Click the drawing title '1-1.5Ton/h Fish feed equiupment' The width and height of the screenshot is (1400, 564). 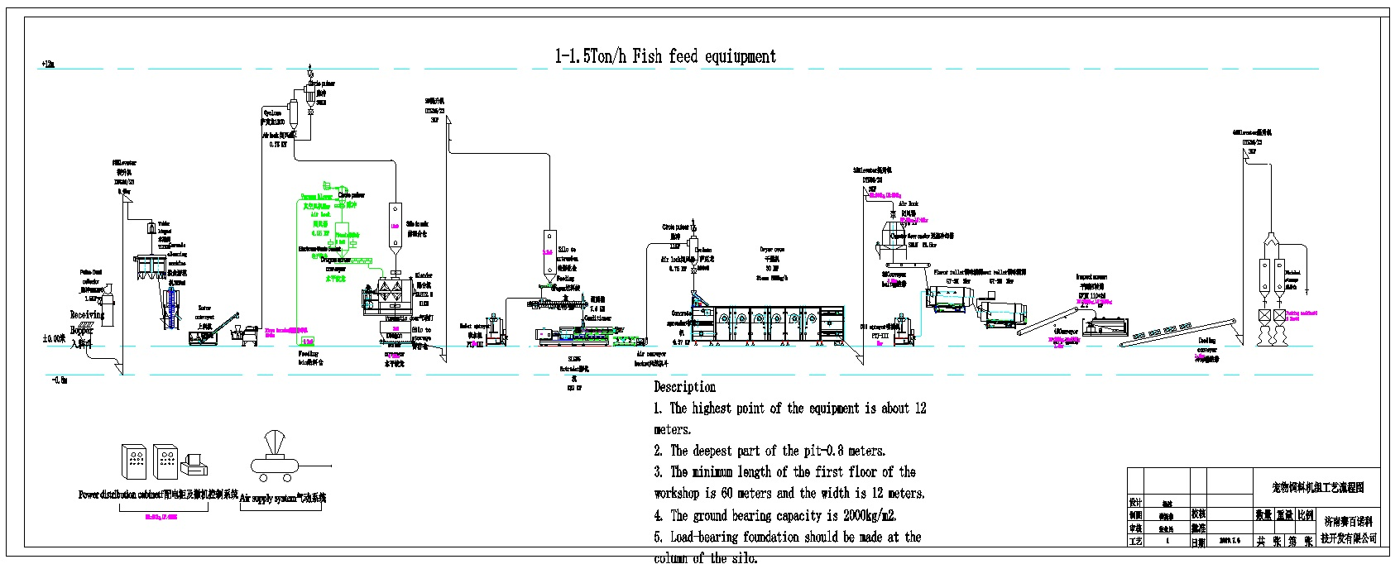665,56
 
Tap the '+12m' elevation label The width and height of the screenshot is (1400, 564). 46,65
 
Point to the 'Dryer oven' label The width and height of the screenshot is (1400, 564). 772,249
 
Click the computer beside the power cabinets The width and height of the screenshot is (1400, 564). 194,465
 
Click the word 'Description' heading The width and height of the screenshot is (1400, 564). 684,386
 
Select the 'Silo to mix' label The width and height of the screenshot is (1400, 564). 417,224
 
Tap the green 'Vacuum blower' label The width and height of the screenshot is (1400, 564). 316,197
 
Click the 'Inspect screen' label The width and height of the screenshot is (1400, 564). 1091,277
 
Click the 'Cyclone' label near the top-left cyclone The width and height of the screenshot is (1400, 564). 272,112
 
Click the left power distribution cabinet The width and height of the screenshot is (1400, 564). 134,462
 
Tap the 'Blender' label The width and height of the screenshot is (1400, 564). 424,275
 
